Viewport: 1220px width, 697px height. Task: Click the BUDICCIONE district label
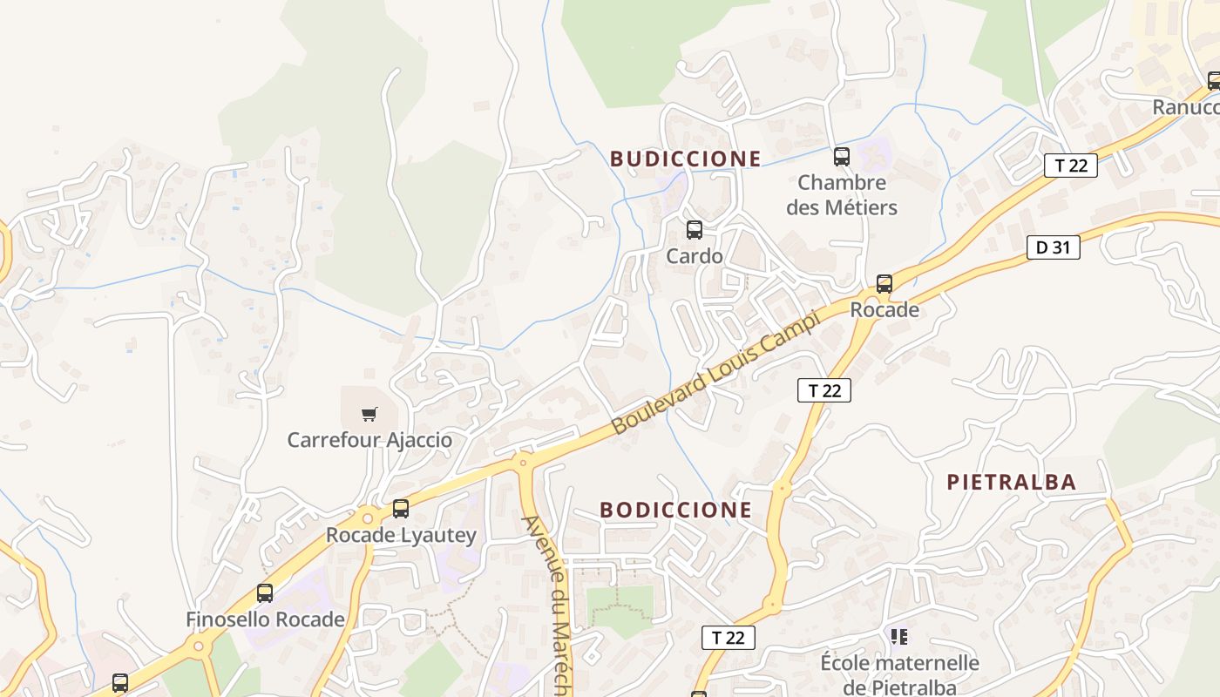[685, 159]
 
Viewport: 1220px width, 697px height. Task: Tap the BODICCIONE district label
[675, 510]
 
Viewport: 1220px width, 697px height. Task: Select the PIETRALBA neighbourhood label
[1011, 482]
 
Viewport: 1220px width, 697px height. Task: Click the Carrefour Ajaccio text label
[369, 440]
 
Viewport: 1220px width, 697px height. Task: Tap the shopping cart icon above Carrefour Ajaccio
[369, 415]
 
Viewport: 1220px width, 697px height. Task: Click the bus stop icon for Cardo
[694, 230]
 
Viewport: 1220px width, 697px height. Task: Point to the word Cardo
[694, 256]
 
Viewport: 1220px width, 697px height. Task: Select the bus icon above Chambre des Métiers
[841, 157]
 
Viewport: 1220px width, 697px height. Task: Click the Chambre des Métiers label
[841, 195]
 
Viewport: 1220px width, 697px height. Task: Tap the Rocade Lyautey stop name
[401, 535]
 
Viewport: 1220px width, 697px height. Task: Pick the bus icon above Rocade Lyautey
[401, 509]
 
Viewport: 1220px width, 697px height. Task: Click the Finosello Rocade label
[265, 619]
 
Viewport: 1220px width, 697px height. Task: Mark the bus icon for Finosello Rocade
[265, 593]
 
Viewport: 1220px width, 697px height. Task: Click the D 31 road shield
[1053, 247]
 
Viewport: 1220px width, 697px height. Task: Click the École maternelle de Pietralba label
[899, 674]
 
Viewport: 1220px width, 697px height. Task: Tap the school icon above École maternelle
[899, 637]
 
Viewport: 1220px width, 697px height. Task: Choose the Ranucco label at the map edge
[1185, 107]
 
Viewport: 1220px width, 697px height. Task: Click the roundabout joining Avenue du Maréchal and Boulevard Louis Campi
[523, 460]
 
